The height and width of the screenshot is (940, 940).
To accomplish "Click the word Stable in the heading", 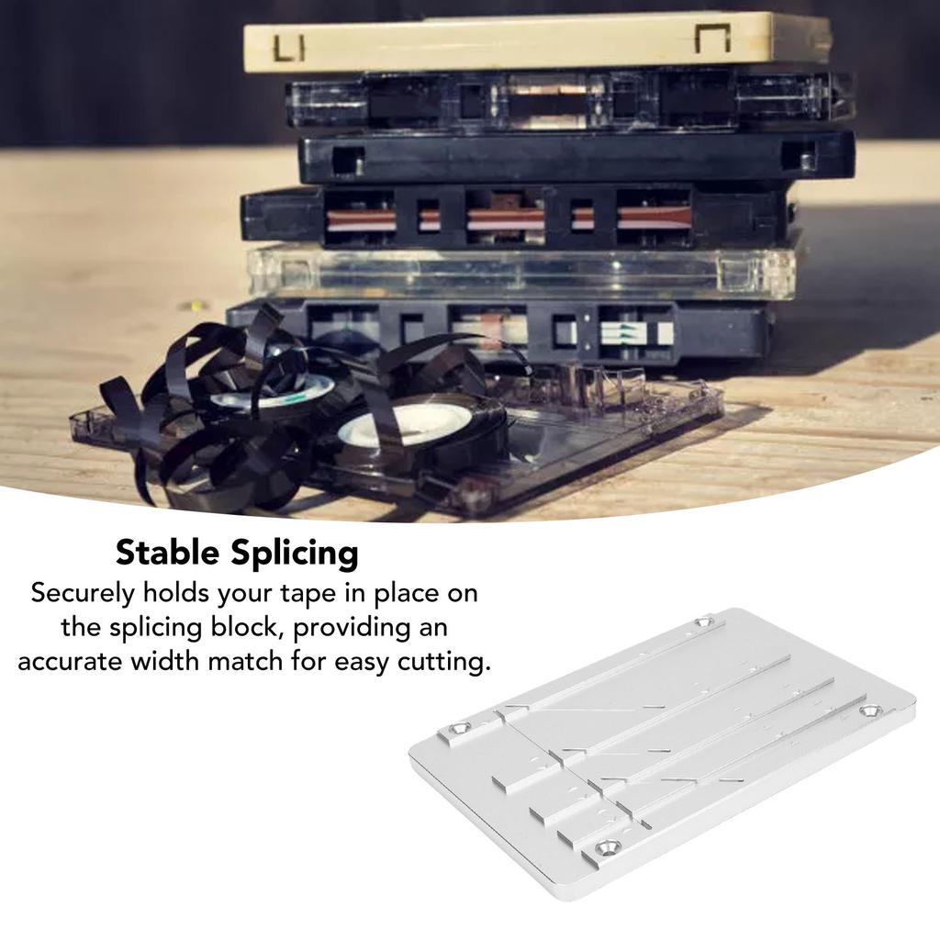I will tap(166, 554).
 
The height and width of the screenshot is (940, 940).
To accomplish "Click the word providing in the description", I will tap(354, 628).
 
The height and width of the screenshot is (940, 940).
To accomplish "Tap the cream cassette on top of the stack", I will tap(537, 41).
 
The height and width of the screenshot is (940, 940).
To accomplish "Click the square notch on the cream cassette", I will tap(711, 39).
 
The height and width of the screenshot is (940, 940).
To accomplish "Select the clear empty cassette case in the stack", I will tap(520, 271).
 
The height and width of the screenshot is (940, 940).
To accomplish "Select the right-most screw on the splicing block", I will tap(867, 711).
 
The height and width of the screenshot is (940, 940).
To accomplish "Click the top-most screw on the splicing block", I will tap(704, 623).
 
